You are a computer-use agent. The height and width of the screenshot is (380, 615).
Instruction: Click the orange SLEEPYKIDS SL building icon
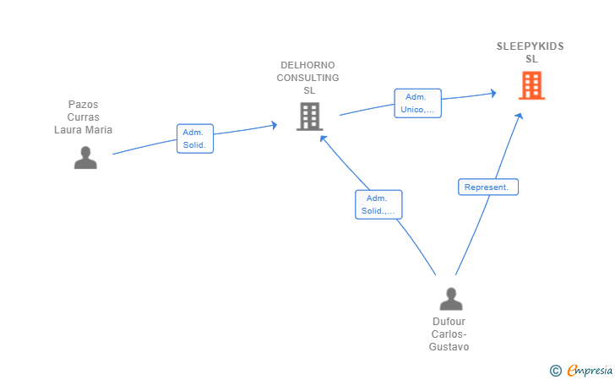[x=531, y=85]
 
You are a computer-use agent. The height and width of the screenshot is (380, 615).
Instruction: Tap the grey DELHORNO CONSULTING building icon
[x=309, y=116]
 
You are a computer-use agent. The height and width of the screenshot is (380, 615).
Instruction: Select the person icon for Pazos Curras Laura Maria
[x=85, y=158]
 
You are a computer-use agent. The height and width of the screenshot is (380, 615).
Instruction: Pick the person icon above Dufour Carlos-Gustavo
[x=451, y=299]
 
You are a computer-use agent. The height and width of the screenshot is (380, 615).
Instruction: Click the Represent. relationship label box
[x=488, y=187]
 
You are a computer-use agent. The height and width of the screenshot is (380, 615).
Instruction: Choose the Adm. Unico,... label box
[x=417, y=103]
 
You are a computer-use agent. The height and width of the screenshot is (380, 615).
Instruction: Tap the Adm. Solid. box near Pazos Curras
[x=195, y=138]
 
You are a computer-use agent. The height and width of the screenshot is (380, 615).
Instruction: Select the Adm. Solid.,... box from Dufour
[x=378, y=204]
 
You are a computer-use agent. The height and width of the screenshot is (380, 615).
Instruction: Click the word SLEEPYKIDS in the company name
[x=531, y=46]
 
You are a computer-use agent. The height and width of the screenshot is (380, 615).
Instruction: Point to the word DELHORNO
[x=307, y=65]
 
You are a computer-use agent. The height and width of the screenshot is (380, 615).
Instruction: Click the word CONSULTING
[x=307, y=78]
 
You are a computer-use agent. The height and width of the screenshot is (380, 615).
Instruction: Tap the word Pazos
[x=83, y=105]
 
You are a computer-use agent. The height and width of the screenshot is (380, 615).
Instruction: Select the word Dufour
[x=449, y=322]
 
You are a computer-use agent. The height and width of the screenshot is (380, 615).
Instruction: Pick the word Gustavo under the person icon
[x=449, y=347]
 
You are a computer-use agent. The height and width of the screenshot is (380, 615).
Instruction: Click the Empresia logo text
[x=590, y=370]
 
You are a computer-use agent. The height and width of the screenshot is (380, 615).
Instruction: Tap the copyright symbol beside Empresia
[x=556, y=371]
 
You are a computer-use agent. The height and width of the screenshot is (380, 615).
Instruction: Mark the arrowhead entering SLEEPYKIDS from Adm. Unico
[x=493, y=94]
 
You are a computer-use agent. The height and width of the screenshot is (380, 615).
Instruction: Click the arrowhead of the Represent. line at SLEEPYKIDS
[x=520, y=116]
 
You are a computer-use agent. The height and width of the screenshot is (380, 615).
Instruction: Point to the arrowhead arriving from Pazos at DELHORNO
[x=275, y=125]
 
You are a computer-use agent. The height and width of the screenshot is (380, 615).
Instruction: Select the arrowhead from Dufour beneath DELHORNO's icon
[x=324, y=138]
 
